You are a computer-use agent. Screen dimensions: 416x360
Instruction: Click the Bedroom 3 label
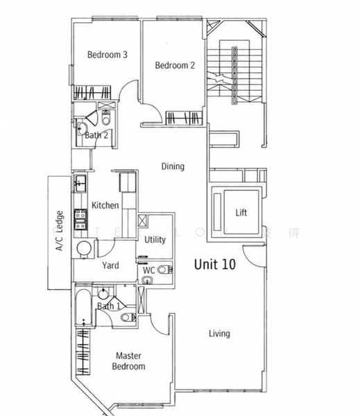tap(106, 55)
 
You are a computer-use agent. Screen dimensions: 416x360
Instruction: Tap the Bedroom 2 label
tap(174, 66)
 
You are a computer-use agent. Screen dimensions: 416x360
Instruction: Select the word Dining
tap(173, 166)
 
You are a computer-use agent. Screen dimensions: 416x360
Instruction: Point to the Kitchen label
tap(105, 205)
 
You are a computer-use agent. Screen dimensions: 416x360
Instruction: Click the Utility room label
tap(155, 240)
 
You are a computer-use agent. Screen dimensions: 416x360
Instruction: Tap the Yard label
tap(111, 266)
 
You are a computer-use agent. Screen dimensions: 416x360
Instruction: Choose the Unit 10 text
tap(215, 264)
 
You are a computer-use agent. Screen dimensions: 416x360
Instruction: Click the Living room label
tap(219, 333)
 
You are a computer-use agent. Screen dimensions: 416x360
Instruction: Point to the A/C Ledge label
tap(60, 231)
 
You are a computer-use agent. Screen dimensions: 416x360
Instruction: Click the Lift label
tap(241, 213)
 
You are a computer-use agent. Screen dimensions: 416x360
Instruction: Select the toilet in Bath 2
tap(105, 114)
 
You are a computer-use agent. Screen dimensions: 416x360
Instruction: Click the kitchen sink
tap(80, 183)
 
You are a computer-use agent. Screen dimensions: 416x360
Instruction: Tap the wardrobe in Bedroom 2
tap(185, 119)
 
